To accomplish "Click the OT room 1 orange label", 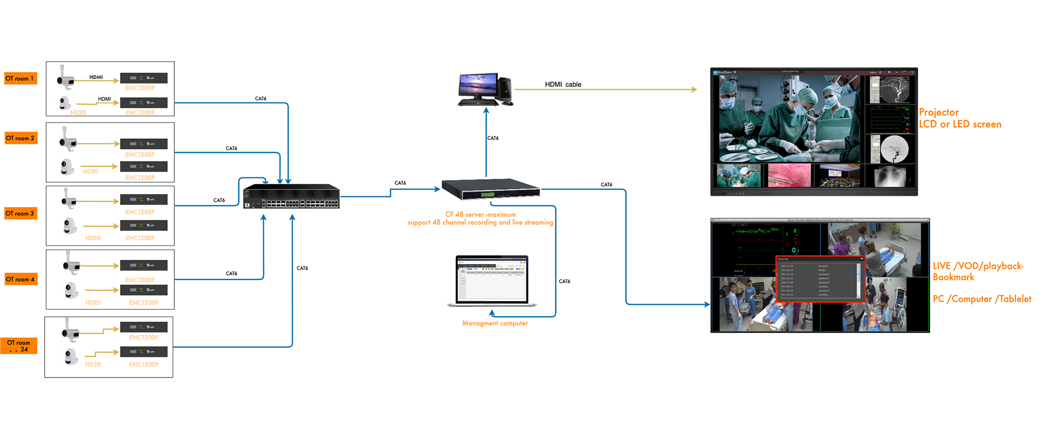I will (x=21, y=79).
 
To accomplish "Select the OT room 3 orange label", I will (x=21, y=213).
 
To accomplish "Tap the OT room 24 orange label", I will (x=19, y=346).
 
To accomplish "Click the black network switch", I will (x=291, y=196).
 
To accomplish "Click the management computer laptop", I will (x=492, y=281).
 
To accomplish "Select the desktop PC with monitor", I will (x=485, y=90).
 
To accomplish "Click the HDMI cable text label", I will (x=563, y=85).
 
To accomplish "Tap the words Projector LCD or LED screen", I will (x=960, y=118).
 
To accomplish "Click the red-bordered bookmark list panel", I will (x=820, y=278).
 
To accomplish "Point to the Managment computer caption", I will (x=495, y=323).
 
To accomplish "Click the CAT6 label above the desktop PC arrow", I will (x=493, y=138).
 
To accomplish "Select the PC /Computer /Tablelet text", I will (x=982, y=299).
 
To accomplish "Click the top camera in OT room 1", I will (x=65, y=78).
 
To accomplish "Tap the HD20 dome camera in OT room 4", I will (x=71, y=291).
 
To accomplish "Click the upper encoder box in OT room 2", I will (x=143, y=144).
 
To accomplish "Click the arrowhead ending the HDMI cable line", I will (x=694, y=90).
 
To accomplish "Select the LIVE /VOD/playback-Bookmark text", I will (x=978, y=271).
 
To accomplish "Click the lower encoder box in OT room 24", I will (x=143, y=352).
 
